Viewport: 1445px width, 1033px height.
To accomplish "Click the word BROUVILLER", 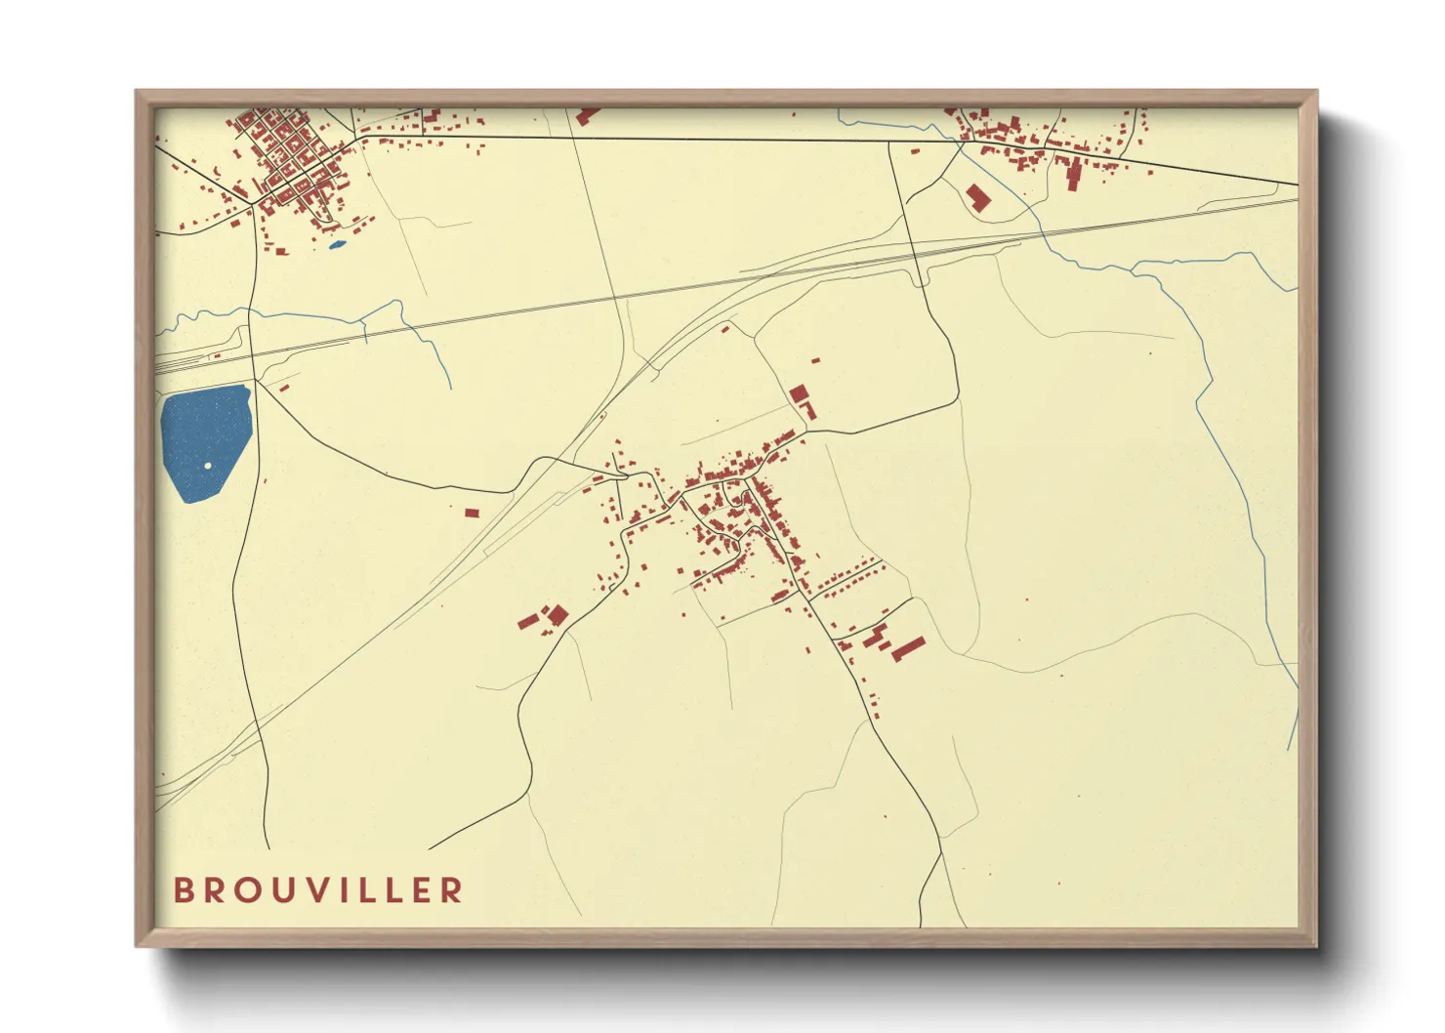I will coord(318,890).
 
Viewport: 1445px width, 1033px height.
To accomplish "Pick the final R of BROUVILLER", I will coord(452,890).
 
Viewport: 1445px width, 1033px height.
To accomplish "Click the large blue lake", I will coord(203,439).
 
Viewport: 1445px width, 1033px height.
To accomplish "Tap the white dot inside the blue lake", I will coord(208,465).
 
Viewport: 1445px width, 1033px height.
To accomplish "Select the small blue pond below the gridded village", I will coord(337,244).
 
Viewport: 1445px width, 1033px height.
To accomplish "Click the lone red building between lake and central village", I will coord(472,513).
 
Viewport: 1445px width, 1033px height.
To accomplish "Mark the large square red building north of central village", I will coord(799,394).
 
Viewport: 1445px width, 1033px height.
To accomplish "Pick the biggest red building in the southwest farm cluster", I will coord(557,615).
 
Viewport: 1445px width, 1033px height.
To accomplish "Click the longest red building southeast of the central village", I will coord(909,648).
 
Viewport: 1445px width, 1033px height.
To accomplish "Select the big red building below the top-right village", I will coord(977,197).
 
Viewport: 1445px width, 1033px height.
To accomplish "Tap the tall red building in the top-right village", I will coord(1073,176).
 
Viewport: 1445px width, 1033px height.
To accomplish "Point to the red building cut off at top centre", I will coord(587,116).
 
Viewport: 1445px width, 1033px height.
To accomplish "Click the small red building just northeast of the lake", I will coord(284,388).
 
